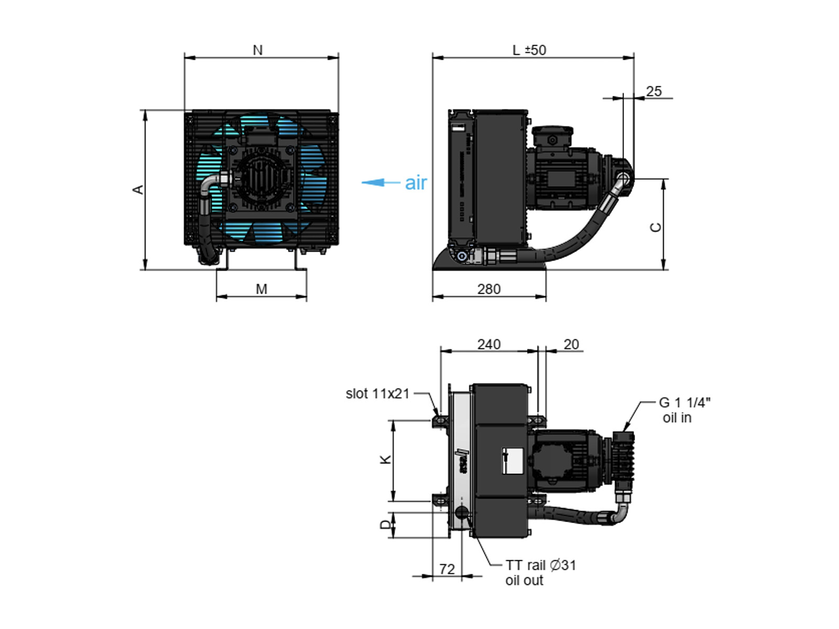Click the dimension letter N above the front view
(257, 50)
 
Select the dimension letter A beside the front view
(138, 189)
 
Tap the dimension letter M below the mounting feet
(262, 289)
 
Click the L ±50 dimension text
(529, 50)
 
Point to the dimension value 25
(653, 91)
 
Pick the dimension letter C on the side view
(655, 227)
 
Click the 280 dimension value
(489, 289)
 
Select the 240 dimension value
(489, 344)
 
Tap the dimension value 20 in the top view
(572, 344)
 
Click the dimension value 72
(447, 569)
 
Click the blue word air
(416, 183)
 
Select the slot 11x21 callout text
(377, 394)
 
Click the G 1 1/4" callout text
(685, 403)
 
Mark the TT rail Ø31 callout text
(541, 565)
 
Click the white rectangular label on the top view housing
(512, 461)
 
